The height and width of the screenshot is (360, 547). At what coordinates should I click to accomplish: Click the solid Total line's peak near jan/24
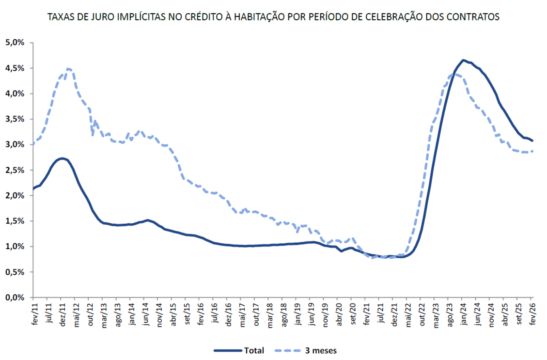tap(463, 60)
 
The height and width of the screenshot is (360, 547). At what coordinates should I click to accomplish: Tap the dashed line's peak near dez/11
tap(68, 69)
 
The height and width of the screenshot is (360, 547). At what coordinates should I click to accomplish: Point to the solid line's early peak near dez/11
tap(62, 158)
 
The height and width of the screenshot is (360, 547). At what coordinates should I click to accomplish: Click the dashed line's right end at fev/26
tap(532, 151)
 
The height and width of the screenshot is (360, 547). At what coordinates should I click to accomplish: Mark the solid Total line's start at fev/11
tap(33, 188)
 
